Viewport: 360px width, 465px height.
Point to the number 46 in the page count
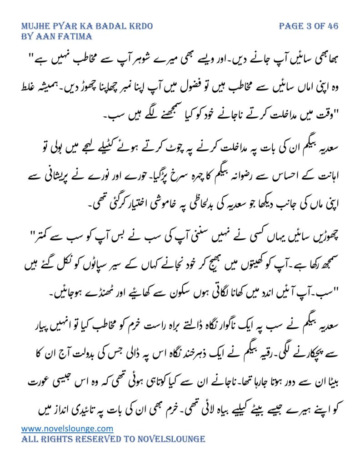click(x=332, y=26)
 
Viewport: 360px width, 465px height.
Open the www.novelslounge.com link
click(x=67, y=428)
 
